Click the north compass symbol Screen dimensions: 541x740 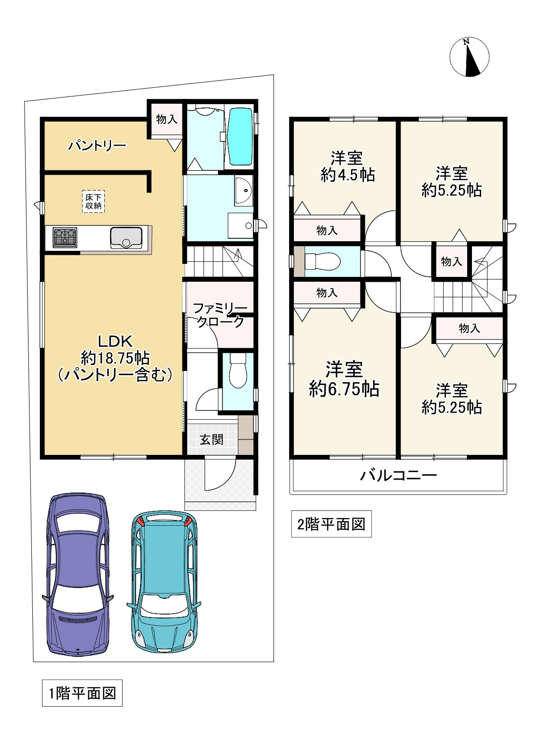(469, 57)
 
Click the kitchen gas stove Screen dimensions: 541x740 (65, 237)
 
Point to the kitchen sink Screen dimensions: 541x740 (126, 237)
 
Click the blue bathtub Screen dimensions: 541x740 (241, 136)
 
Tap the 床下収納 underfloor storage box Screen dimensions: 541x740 (94, 201)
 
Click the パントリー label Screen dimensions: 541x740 (97, 145)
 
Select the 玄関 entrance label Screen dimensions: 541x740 (211, 439)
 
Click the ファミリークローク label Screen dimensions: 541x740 (220, 315)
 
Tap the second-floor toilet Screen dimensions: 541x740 (322, 261)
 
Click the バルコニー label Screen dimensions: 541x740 (398, 475)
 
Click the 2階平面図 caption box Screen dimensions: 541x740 (331, 524)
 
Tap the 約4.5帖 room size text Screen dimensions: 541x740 (347, 175)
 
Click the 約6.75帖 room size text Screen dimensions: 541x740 (344, 388)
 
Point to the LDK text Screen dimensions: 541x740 (115, 341)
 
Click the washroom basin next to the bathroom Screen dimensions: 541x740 (244, 190)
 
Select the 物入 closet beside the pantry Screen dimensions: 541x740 (167, 119)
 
